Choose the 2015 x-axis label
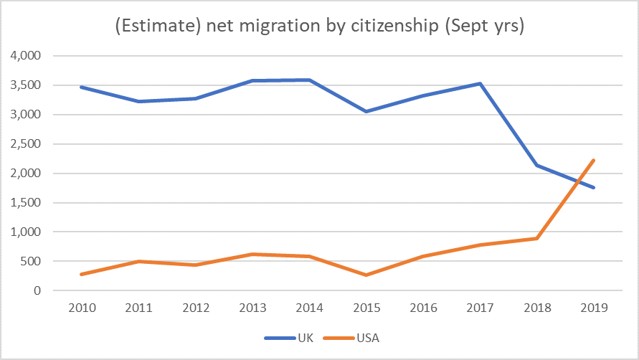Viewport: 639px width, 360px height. click(365, 308)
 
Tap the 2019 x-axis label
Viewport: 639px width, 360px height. click(594, 308)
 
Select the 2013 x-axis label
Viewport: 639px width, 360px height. click(252, 308)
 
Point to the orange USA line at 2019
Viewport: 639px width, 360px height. click(595, 160)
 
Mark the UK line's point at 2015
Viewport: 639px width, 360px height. click(365, 111)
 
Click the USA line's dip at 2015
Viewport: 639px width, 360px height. click(365, 275)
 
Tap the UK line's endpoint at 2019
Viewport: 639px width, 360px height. click(595, 188)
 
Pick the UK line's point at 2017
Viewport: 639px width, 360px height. click(480, 83)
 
